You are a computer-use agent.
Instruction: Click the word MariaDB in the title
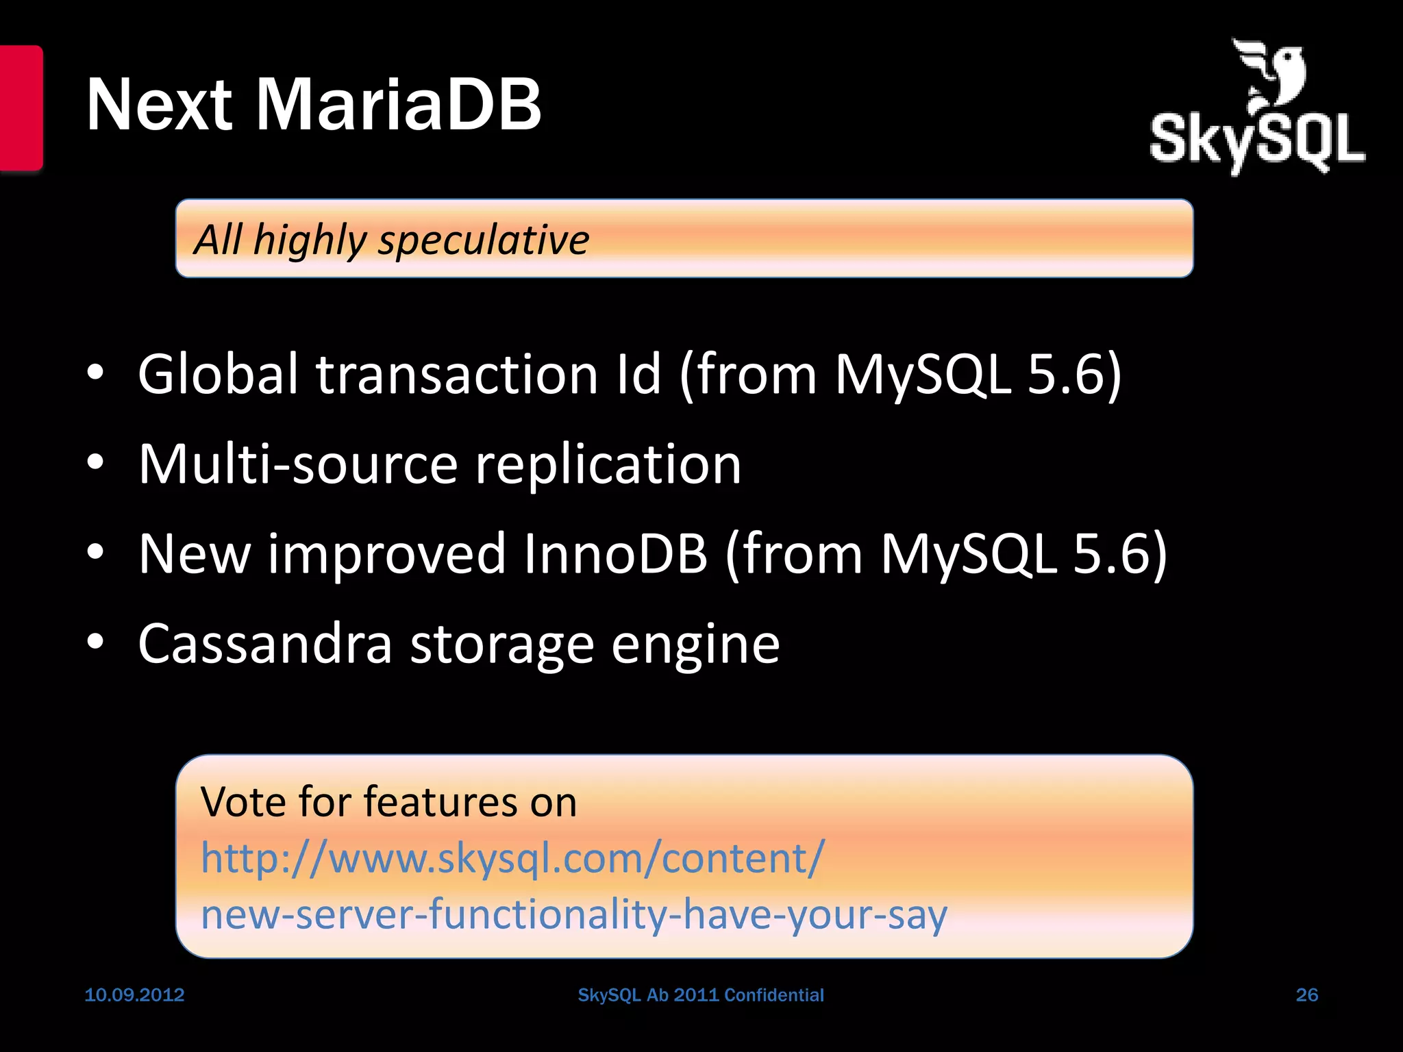399,105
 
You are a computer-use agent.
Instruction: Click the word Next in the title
160,105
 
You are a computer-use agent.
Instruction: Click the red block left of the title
21,108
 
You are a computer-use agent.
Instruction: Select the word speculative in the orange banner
484,240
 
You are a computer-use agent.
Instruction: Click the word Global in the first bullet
219,374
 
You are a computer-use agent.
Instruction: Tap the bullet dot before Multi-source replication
95,463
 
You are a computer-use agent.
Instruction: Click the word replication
608,464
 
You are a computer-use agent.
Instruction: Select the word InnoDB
614,553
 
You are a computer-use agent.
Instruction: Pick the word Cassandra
265,644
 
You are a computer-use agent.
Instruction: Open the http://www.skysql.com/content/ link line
512,857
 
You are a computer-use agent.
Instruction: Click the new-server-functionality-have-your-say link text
573,914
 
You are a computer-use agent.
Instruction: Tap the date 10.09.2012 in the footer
134,994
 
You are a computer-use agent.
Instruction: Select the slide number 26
1306,994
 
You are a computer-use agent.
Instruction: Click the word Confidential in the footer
773,994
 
